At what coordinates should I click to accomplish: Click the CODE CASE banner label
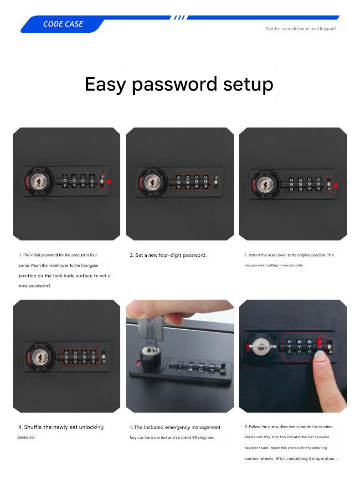(63, 24)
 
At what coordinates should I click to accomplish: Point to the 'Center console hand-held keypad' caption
(300, 29)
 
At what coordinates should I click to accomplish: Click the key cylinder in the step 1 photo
(38, 182)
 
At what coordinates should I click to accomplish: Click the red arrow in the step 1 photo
(109, 181)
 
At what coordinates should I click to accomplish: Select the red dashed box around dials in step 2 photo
(192, 182)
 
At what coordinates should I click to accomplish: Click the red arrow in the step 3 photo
(336, 186)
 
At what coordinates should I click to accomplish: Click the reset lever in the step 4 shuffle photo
(104, 356)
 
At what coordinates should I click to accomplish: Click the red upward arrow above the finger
(319, 342)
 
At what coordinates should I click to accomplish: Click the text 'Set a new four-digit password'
(171, 255)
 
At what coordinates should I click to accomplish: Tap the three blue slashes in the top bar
(179, 18)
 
